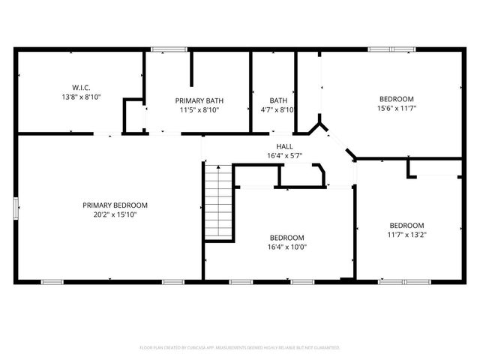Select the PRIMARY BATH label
click(199, 100)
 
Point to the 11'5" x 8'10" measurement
click(199, 110)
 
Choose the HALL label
click(285, 147)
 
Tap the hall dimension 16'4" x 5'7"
click(285, 156)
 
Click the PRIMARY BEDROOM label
click(115, 205)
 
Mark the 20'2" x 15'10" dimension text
click(115, 214)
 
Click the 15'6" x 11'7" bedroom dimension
click(396, 109)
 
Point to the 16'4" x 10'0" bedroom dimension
click(287, 247)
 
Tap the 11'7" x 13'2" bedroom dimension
click(406, 235)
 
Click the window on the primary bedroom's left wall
click(16, 208)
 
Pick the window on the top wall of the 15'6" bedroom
click(391, 50)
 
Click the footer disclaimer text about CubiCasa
click(240, 348)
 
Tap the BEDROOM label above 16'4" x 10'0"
click(287, 238)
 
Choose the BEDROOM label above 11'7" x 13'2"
click(406, 226)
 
